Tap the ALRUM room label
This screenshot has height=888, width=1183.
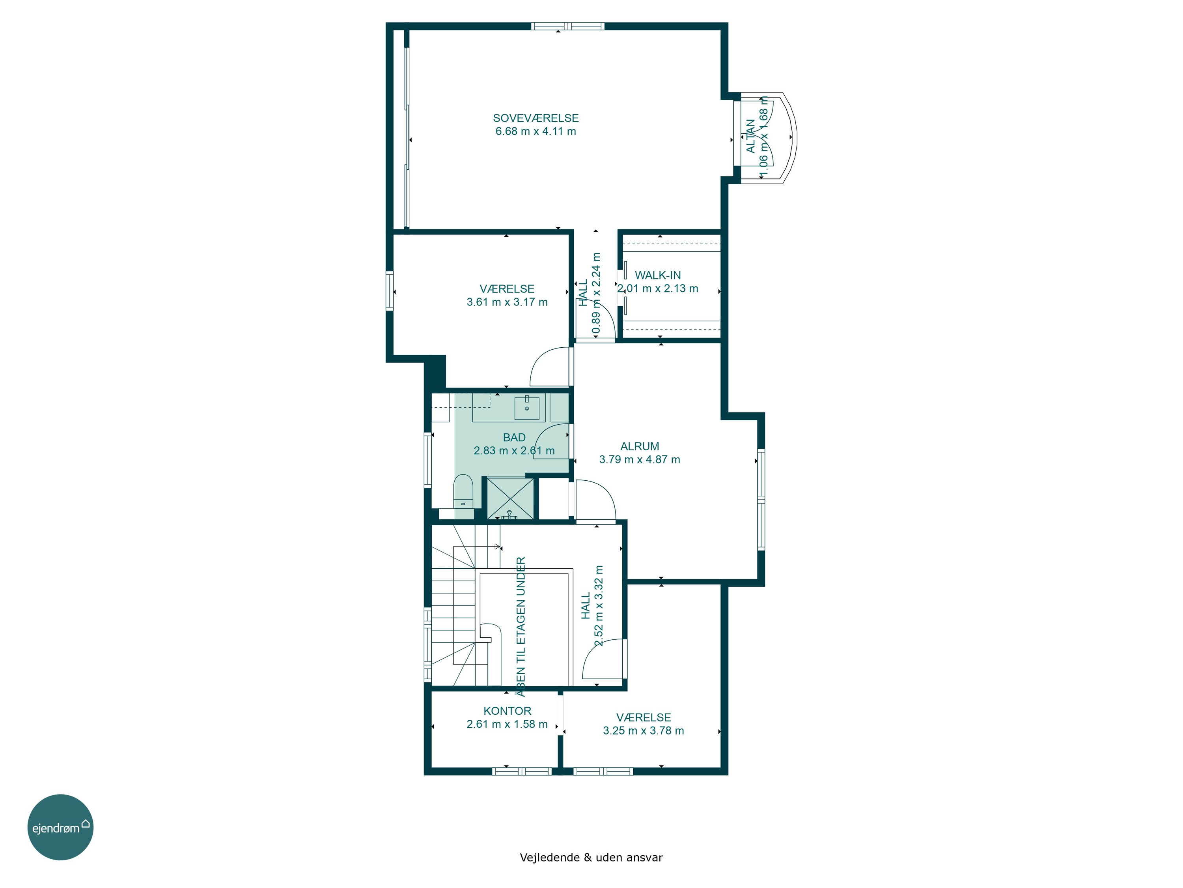(x=640, y=446)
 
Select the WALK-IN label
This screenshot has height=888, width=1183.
(x=658, y=275)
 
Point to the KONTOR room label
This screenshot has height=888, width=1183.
(x=508, y=711)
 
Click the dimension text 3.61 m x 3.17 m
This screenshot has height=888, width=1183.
(x=507, y=302)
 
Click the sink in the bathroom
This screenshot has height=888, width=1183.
(x=527, y=407)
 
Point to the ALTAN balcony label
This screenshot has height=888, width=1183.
(x=751, y=137)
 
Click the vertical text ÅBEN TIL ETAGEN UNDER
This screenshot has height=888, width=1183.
(x=521, y=627)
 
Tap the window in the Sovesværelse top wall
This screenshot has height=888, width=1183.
(x=568, y=26)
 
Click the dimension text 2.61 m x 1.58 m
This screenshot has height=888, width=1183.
(x=507, y=725)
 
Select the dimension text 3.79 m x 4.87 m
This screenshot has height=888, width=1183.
(x=640, y=460)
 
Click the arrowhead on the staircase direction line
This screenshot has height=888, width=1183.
(x=497, y=547)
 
